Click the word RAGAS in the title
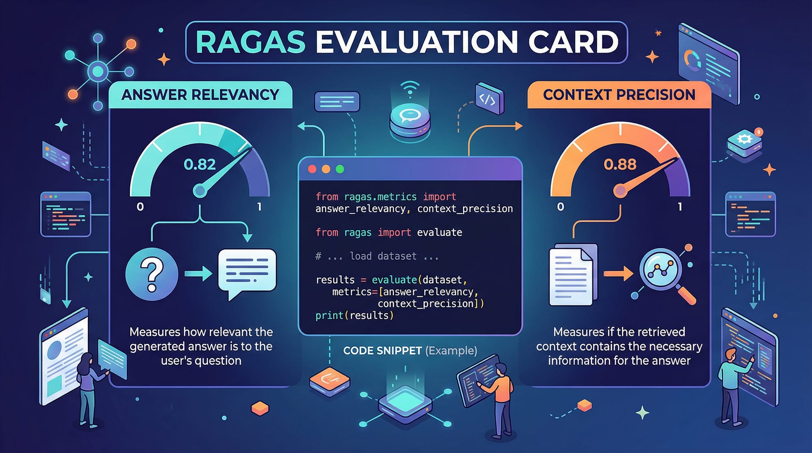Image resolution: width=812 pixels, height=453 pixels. [x=250, y=42]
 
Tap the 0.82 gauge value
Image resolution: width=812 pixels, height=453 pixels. [x=200, y=164]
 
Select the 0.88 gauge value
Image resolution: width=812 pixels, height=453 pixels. [x=620, y=164]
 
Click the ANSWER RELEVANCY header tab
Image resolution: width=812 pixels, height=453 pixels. [x=201, y=95]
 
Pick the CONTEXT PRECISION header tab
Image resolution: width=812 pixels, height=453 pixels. [x=619, y=95]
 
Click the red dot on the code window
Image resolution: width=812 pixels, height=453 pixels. [x=312, y=169]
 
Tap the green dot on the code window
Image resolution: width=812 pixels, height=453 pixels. [x=340, y=169]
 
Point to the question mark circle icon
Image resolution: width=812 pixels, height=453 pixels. [x=152, y=274]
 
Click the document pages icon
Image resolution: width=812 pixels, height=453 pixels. [x=573, y=274]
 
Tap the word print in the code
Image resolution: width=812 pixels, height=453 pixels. [x=329, y=315]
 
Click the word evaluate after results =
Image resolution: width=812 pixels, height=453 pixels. [x=394, y=280]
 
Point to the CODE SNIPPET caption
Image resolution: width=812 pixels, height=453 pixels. [x=410, y=350]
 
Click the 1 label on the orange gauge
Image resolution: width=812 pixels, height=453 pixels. [x=680, y=207]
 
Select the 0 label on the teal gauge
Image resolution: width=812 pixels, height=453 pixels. [x=140, y=207]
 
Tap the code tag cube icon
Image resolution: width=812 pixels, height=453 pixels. [x=489, y=98]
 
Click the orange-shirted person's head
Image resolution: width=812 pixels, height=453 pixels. [x=501, y=369]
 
